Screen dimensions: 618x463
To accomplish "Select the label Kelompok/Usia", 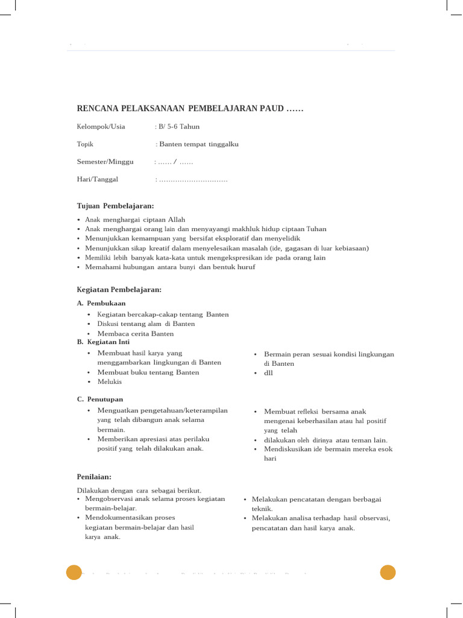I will (x=101, y=127).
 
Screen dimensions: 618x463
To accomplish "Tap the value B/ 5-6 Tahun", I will (x=179, y=127).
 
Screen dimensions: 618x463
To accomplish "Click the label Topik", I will (x=86, y=144).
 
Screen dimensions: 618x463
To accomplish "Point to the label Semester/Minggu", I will (x=105, y=162).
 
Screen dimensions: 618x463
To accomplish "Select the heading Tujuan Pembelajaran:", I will (x=116, y=206).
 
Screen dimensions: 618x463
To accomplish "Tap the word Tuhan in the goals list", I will (x=317, y=229).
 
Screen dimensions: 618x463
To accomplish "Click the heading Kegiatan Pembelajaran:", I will (x=119, y=290).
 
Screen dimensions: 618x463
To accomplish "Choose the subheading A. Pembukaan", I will (x=101, y=303).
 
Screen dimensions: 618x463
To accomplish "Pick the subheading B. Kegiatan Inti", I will (x=103, y=342).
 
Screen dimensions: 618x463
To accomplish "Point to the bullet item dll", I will (x=269, y=373).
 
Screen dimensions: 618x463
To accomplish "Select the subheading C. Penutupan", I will (x=100, y=399).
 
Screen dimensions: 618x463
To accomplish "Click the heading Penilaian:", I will (x=95, y=477).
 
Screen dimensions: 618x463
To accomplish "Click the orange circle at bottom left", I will (x=74, y=572).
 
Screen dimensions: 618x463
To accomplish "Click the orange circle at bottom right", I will (x=388, y=572).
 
